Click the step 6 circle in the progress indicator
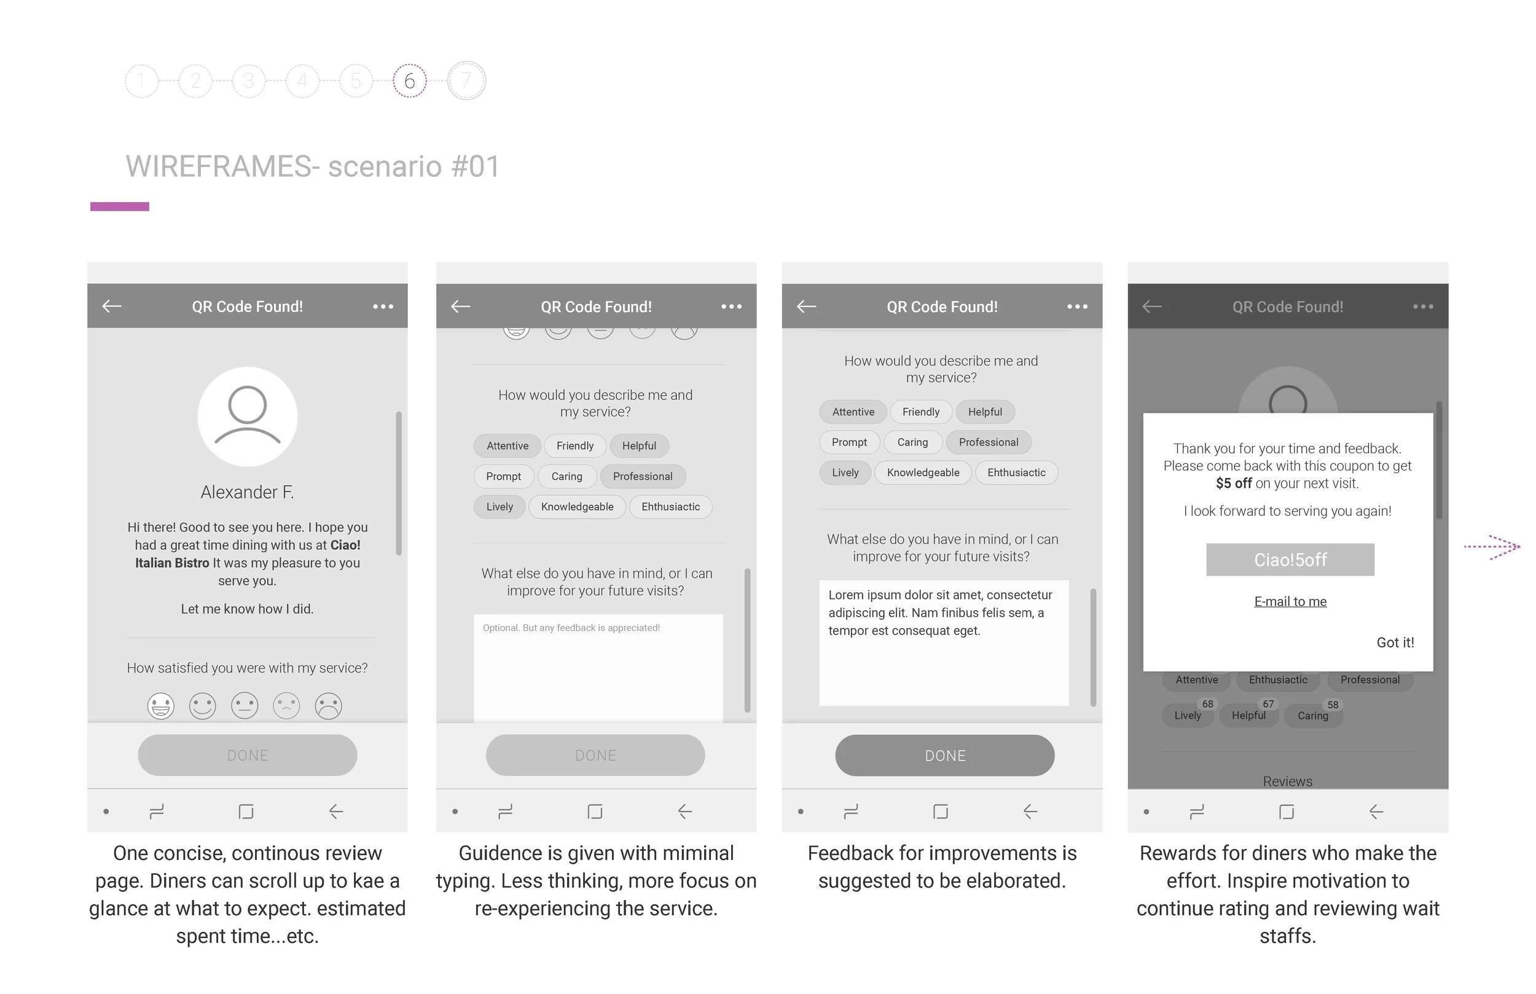(x=409, y=80)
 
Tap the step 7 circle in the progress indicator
(x=466, y=80)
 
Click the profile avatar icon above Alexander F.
(x=247, y=417)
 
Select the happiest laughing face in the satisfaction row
(x=161, y=705)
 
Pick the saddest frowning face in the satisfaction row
(x=328, y=705)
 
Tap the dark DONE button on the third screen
(x=944, y=755)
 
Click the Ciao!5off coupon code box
(x=1290, y=560)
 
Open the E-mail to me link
(x=1290, y=601)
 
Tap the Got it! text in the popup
(x=1395, y=642)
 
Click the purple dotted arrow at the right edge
(x=1492, y=547)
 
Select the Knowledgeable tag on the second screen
(x=577, y=507)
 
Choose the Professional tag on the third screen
(x=988, y=442)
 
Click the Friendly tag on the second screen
(x=574, y=446)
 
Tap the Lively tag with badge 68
(x=1188, y=715)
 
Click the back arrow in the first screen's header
(x=112, y=306)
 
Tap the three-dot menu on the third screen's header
(x=1077, y=307)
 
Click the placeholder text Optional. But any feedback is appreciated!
(x=571, y=628)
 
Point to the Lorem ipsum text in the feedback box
(x=939, y=612)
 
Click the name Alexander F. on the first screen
(x=247, y=493)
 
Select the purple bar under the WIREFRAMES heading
(x=119, y=206)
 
